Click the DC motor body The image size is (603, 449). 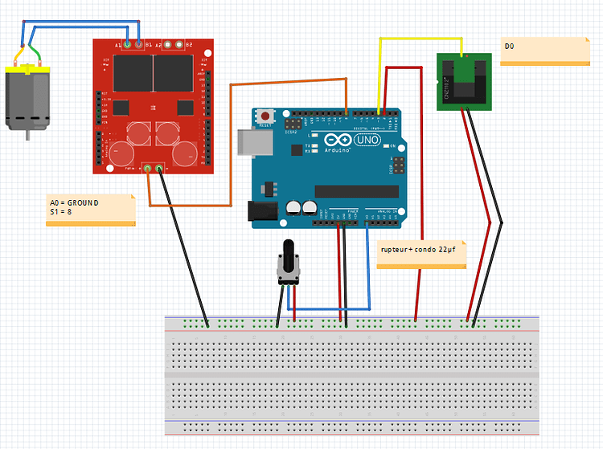(29, 99)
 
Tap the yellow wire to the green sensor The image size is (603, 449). (418, 37)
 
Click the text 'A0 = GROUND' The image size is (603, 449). (74, 203)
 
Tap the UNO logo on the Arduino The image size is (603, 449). (367, 141)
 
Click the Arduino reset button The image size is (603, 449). (265, 117)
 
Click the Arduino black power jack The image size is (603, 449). (261, 210)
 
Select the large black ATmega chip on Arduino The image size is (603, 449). (355, 191)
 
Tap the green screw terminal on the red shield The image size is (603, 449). (154, 168)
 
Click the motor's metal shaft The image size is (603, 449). (28, 135)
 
